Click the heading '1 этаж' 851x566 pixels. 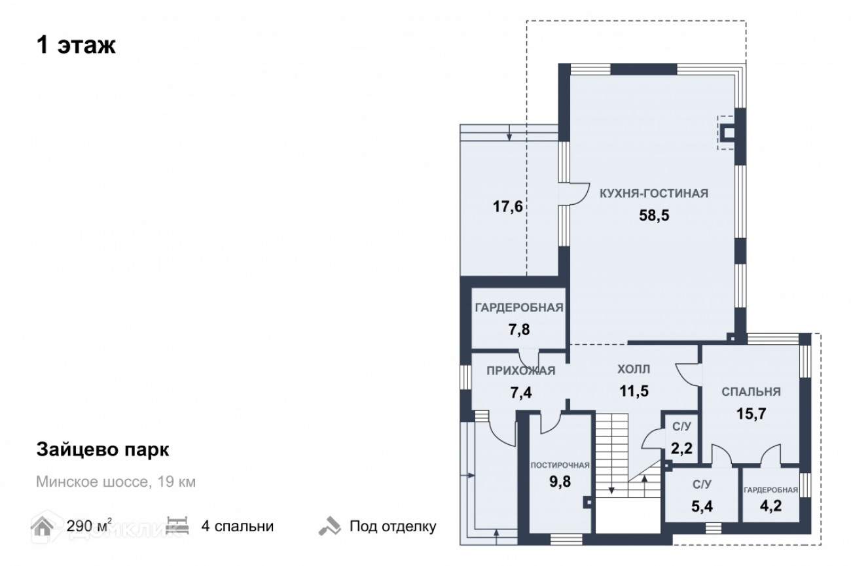pos(76,46)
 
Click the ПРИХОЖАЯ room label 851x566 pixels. pos(520,371)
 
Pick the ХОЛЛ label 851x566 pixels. pos(634,370)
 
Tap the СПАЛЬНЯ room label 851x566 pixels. pos(751,392)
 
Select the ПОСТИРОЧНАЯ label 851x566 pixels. pos(560,466)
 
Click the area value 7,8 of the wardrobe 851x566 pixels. pos(518,329)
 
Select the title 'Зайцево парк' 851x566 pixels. pos(102,450)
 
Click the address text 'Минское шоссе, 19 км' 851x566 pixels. pos(116,483)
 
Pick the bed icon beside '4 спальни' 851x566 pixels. pos(177,525)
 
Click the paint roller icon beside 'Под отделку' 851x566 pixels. pos(329,525)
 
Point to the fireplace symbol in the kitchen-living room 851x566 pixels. pos(729,133)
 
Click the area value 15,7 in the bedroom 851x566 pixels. pos(751,414)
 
